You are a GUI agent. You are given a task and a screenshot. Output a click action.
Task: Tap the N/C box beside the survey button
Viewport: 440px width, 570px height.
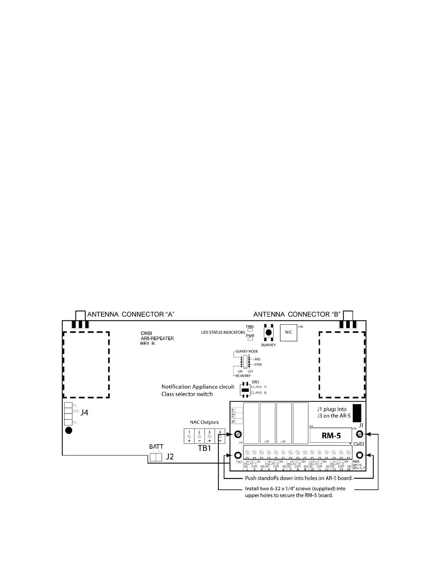click(x=288, y=332)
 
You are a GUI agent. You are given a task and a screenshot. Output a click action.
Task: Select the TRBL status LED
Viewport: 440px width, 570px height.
click(x=250, y=330)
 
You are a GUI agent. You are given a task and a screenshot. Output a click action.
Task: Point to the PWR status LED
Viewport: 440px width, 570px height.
click(x=250, y=339)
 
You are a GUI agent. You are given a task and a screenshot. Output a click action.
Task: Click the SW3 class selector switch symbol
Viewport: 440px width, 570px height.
click(x=245, y=390)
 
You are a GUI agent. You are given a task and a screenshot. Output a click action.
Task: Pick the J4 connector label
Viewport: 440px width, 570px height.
click(x=84, y=413)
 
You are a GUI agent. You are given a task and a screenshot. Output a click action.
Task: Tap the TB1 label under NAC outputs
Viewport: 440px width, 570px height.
click(x=205, y=449)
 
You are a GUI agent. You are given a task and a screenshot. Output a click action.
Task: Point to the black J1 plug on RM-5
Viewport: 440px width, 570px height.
click(x=357, y=413)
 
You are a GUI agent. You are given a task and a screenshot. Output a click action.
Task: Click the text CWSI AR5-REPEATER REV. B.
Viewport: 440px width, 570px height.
click(x=157, y=339)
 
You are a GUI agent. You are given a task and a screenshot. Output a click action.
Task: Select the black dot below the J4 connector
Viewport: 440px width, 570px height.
click(x=69, y=431)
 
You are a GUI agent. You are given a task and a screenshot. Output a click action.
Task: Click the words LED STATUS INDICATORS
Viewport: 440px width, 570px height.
click(x=223, y=332)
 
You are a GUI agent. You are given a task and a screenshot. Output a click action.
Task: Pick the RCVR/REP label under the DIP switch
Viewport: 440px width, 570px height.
click(x=243, y=376)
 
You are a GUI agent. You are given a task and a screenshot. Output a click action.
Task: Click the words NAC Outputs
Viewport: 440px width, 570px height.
click(x=204, y=422)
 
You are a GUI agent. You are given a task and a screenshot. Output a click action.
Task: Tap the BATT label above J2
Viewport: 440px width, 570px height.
click(x=156, y=447)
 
